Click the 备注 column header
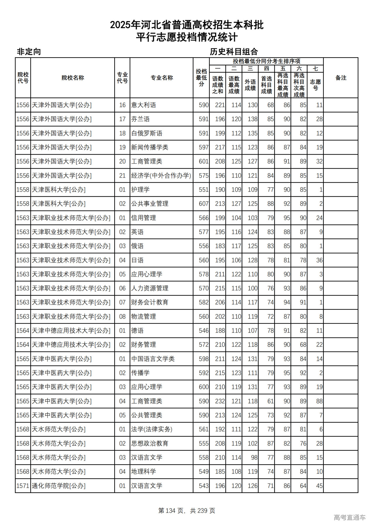pos(341,78)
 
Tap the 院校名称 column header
pos(73,78)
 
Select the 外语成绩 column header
pos(250,85)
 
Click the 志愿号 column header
pos(315,85)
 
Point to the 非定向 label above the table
pos(29,52)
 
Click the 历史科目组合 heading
pos(234,52)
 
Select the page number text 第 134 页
pos(171,510)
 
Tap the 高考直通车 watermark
pos(349,517)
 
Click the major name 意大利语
pos(143,105)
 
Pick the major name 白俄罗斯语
pos(147,133)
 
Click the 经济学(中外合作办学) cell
pos(161,176)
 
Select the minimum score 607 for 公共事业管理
pos(204,204)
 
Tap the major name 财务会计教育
pos(150,302)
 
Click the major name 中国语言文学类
pos(153,359)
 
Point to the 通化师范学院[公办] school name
pos(58,486)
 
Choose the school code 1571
pos(23,486)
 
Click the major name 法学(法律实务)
pos(152,429)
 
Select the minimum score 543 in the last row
pos(204,486)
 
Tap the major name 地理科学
pos(143,471)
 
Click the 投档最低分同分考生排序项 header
pos(266,61)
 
